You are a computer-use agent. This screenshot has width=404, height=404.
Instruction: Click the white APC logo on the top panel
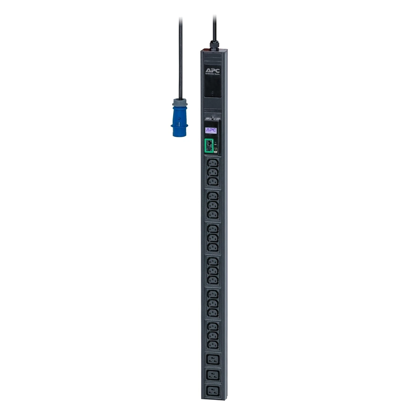[x=213, y=71]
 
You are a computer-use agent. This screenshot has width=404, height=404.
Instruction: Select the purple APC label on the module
[x=211, y=130]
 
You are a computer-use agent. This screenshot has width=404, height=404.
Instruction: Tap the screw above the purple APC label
[x=212, y=118]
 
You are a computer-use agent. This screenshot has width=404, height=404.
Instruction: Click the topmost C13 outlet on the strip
[x=213, y=163]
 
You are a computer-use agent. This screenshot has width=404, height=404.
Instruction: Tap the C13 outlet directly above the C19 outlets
[x=213, y=345]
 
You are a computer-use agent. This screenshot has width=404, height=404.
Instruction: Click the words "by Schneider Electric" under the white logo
[x=213, y=74]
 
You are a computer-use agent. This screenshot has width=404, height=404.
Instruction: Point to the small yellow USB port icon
[x=215, y=151]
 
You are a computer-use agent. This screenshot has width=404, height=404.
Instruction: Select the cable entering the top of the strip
[x=214, y=27]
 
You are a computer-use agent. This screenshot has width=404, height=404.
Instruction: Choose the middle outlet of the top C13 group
[x=213, y=173]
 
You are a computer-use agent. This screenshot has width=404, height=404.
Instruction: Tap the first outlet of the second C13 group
[x=213, y=196]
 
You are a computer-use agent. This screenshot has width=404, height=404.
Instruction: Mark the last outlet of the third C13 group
[x=213, y=247]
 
